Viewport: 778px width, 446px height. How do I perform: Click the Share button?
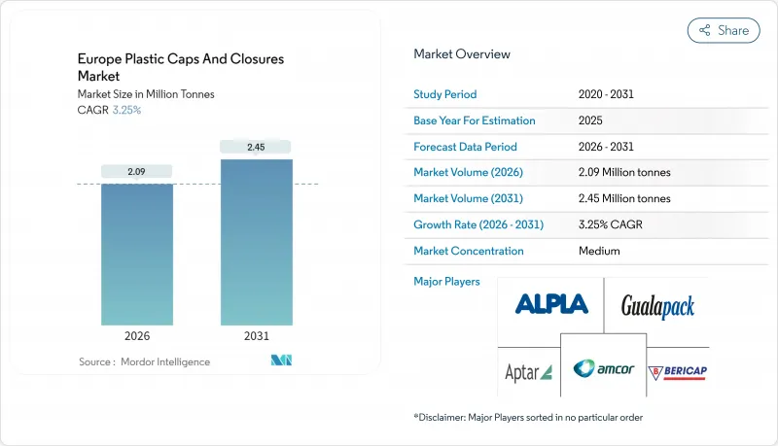tap(724, 30)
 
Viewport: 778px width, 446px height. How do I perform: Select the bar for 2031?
tap(257, 243)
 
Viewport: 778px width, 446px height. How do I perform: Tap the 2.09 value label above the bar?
tap(137, 172)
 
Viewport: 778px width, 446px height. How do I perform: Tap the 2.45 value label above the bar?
tap(257, 147)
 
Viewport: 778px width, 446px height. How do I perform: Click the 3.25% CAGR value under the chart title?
tap(126, 110)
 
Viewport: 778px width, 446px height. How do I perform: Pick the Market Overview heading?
tap(462, 54)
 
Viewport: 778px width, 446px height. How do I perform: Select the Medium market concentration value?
tap(599, 251)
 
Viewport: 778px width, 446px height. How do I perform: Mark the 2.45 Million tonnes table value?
tap(623, 198)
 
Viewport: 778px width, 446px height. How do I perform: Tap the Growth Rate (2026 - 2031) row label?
tap(478, 224)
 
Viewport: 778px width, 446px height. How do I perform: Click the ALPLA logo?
tap(551, 304)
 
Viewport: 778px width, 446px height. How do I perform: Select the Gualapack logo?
tap(657, 308)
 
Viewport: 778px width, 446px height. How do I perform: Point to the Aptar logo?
tap(528, 372)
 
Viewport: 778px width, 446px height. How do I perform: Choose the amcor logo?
tap(603, 368)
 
